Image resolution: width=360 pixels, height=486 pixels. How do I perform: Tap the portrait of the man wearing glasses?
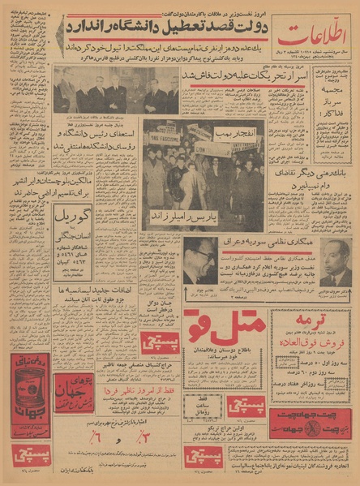[x=199, y=262]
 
